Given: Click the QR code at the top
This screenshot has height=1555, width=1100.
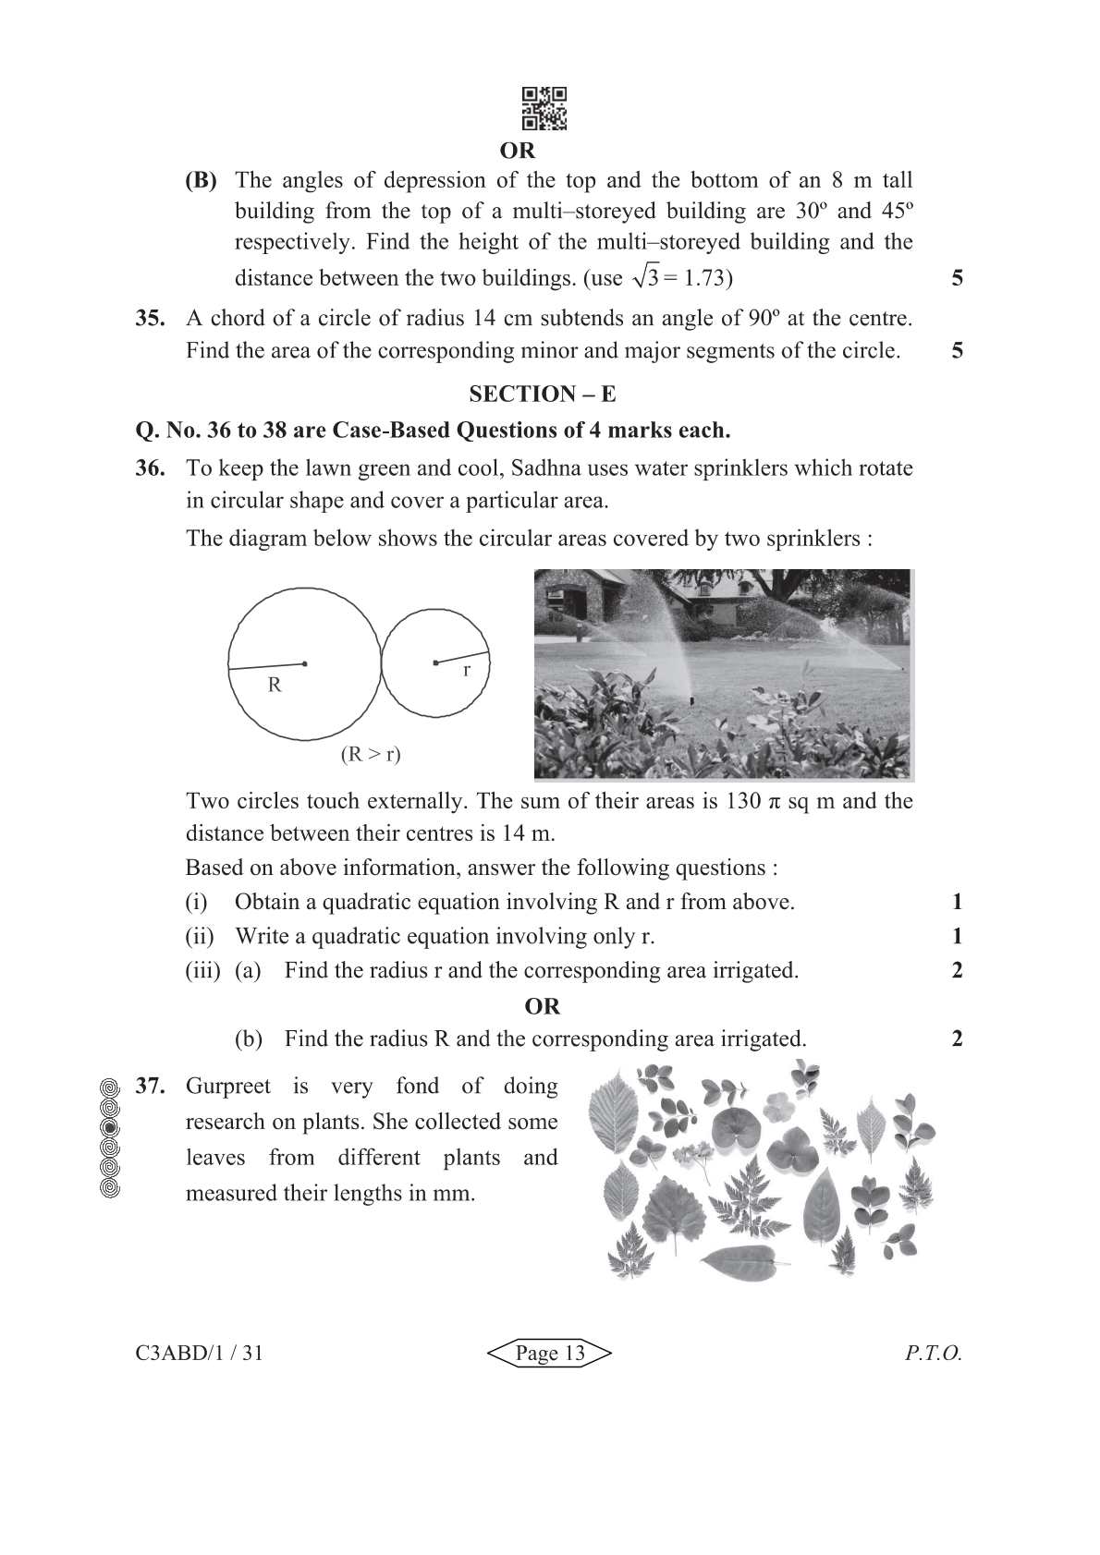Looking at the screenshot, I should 544,109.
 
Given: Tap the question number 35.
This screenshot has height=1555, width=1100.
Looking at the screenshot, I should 150,319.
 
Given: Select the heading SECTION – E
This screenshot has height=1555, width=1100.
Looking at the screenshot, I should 542,395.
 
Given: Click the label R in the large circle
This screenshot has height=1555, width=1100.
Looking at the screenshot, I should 275,686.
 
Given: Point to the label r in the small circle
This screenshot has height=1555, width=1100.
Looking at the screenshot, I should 467,671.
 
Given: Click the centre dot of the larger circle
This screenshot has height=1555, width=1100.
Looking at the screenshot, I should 305,663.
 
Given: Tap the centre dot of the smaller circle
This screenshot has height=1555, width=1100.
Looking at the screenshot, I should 435,662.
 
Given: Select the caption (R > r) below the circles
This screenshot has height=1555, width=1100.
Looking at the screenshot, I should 371,754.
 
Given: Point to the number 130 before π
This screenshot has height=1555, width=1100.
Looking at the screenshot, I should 743,801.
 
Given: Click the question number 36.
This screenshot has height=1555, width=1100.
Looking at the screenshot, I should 150,468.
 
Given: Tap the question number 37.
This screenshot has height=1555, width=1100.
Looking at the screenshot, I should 150,1087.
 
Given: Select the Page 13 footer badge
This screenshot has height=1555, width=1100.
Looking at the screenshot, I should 550,1354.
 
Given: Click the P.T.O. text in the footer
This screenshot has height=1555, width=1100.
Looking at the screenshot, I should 934,1354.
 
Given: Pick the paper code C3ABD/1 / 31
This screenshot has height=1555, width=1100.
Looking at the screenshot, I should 199,1354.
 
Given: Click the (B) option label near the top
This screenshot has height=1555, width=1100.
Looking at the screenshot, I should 201,181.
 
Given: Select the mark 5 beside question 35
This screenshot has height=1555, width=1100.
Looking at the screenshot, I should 957,350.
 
